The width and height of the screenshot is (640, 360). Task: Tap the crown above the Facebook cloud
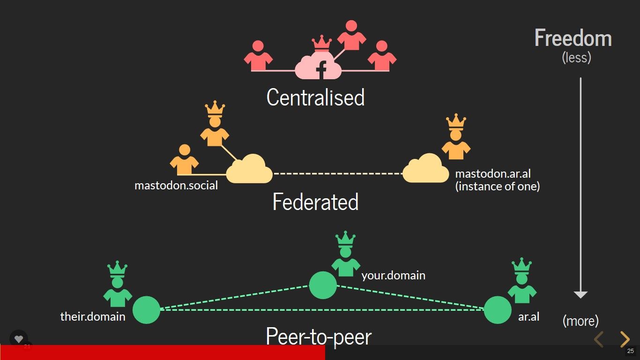[x=321, y=44]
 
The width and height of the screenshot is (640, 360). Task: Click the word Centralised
[x=315, y=97]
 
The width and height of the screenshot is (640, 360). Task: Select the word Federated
[x=315, y=202]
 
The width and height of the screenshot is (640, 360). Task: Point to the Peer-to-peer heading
[x=319, y=336]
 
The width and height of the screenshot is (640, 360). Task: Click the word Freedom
[x=573, y=38]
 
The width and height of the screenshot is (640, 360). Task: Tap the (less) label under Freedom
[x=576, y=57]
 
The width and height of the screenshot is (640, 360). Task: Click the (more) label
[x=580, y=321]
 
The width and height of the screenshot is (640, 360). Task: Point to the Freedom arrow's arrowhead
[x=580, y=294]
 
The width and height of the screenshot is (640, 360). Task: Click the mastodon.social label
[x=176, y=185]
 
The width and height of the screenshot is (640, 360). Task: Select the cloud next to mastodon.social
[x=249, y=169]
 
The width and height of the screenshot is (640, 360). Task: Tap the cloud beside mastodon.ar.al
[x=425, y=169]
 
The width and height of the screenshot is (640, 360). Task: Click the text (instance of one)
[x=498, y=186]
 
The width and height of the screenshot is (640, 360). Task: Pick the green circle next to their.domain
[x=146, y=310]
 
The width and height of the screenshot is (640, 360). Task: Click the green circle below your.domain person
[x=323, y=285]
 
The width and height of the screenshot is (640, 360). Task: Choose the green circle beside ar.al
[x=498, y=310]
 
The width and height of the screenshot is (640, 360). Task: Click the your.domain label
[x=393, y=275]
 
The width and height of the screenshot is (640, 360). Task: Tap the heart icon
[x=19, y=339]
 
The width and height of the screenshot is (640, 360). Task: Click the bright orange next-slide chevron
[x=625, y=339]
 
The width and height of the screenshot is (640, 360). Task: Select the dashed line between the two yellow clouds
[x=337, y=173]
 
